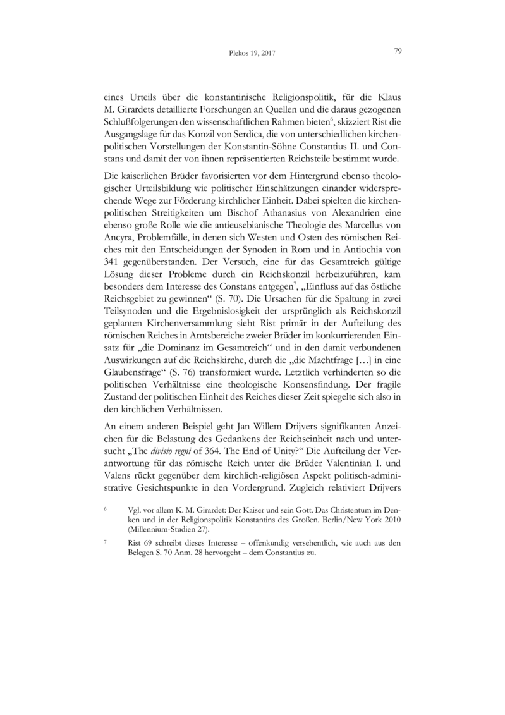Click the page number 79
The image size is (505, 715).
[x=398, y=52]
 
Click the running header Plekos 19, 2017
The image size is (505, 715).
[x=252, y=54]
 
